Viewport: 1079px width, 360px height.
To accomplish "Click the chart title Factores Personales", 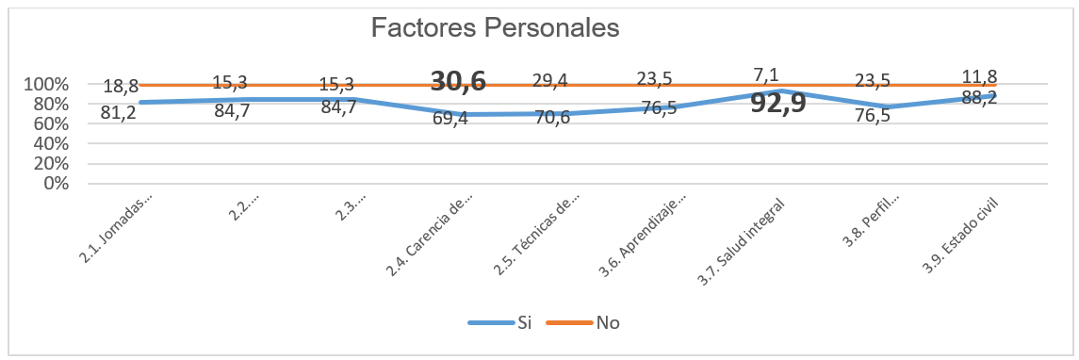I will pos(495,27).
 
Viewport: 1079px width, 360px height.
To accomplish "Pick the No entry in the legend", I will pos(608,322).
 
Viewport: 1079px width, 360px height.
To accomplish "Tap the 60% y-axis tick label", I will pos(50,123).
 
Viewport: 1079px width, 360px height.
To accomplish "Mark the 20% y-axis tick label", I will pos(50,163).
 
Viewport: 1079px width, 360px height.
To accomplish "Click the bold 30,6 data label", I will pos(458,81).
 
